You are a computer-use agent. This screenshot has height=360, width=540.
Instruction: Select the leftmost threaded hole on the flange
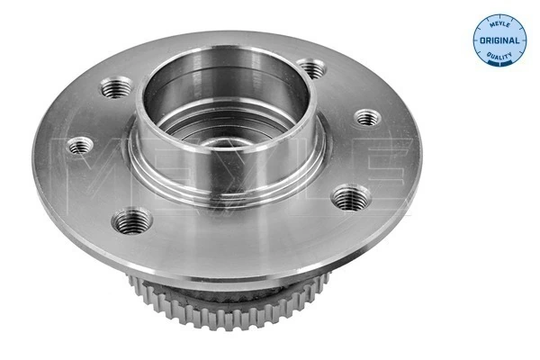click(x=82, y=145)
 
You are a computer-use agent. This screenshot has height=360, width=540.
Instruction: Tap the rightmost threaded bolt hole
click(x=366, y=117)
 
